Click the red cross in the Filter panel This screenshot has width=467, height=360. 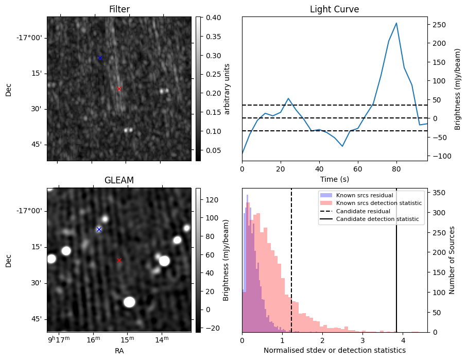tap(119, 89)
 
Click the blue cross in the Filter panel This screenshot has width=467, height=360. tap(100, 58)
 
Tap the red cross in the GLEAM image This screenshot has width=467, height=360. tap(119, 260)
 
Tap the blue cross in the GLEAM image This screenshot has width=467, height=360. tap(99, 229)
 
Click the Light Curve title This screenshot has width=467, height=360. tap(334, 10)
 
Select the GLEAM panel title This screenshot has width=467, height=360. tap(119, 180)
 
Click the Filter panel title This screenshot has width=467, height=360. tap(119, 10)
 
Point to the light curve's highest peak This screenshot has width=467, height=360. tap(396, 23)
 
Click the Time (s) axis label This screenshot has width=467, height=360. tap(334, 178)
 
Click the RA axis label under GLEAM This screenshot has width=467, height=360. tap(119, 350)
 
